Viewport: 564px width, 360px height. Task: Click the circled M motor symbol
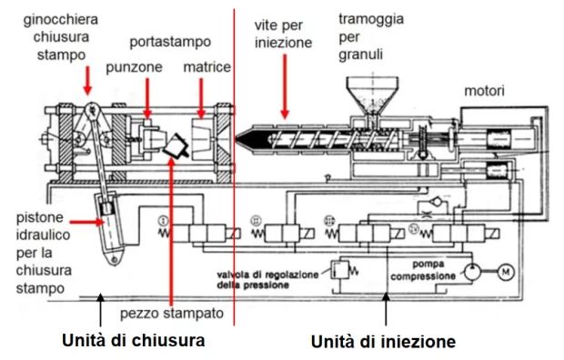pos(506,272)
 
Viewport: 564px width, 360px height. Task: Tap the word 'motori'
pos(484,91)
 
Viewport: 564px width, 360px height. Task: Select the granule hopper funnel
pos(372,95)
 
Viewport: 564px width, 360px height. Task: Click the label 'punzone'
pos(134,67)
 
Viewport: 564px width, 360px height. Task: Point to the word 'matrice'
pos(206,67)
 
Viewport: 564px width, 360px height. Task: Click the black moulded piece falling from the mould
pos(176,145)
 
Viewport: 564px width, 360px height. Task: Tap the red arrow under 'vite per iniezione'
pos(285,86)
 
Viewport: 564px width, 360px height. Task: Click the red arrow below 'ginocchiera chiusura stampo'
pos(87,81)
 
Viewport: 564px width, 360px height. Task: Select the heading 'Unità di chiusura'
pos(134,340)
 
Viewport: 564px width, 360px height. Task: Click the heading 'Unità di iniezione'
pos(383,341)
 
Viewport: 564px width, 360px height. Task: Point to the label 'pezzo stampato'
pos(172,314)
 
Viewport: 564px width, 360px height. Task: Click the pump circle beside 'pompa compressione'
pos(473,272)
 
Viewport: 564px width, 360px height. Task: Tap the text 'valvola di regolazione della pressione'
pos(267,280)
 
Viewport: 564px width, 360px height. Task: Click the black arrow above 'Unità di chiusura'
pos(100,309)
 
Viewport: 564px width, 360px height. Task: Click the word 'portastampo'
pos(170,42)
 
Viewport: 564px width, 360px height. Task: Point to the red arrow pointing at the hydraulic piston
pos(86,222)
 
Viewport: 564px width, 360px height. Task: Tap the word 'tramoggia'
pos(371,19)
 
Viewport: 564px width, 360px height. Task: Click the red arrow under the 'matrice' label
pos(201,98)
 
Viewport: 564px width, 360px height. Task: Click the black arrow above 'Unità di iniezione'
pos(386,309)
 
